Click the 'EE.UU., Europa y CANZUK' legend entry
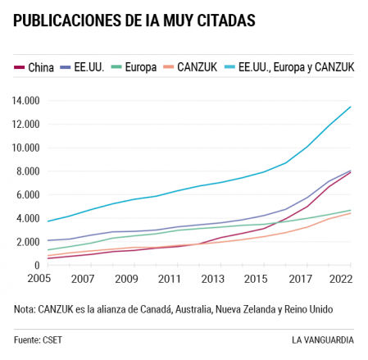pos(295,67)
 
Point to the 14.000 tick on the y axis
pos(26,101)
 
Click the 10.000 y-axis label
pos(26,148)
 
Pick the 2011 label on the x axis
pos(169,279)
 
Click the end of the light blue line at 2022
pos(351,107)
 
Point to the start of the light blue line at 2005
pos(48,221)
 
